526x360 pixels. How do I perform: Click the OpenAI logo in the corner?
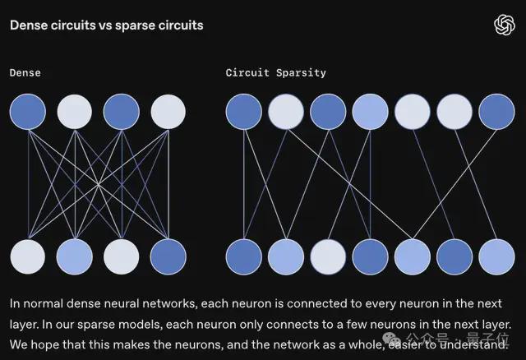pos(504,25)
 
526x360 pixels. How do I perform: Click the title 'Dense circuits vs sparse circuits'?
pos(107,25)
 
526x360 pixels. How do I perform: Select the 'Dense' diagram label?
pos(25,73)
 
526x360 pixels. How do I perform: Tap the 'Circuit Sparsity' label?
pos(276,73)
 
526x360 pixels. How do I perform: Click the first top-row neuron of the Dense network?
pos(28,112)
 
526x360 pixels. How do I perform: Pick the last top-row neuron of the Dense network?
pos(168,112)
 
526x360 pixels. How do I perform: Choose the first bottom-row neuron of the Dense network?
pos(28,257)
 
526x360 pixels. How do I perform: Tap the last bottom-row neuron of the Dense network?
pos(168,257)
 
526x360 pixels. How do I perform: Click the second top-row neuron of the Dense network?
pos(75,112)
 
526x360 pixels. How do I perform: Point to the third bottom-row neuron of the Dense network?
pos(122,257)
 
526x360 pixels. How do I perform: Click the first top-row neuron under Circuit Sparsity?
pos(244,112)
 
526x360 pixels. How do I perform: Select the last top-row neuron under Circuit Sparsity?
pos(496,112)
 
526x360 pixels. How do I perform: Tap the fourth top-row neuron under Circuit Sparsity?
pos(370,112)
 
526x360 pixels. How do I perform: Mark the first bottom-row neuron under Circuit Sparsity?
pos(244,257)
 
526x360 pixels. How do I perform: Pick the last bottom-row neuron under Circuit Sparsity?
pos(496,257)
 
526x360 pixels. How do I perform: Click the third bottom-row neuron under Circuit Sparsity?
pos(328,257)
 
